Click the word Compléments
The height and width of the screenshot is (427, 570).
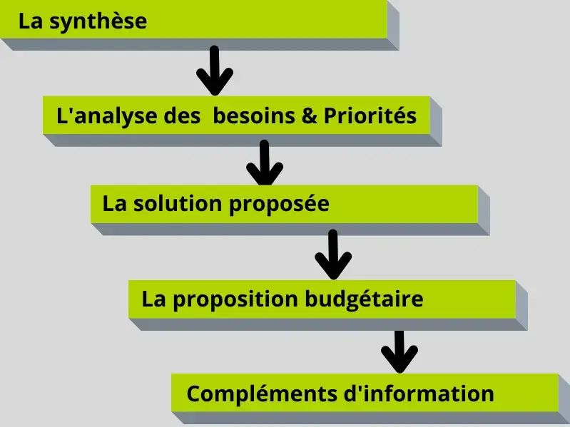pyautogui.click(x=260, y=393)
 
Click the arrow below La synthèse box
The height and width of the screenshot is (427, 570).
pyautogui.click(x=214, y=71)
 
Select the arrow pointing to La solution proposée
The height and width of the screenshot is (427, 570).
pyautogui.click(x=264, y=164)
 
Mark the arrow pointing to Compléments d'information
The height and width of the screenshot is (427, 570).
pyautogui.click(x=399, y=351)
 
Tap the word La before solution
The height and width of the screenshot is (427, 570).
pyautogui.click(x=114, y=204)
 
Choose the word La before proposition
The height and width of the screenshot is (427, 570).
pyautogui.click(x=153, y=299)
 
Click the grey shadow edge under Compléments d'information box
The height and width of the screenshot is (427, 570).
pyautogui.click(x=371, y=418)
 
